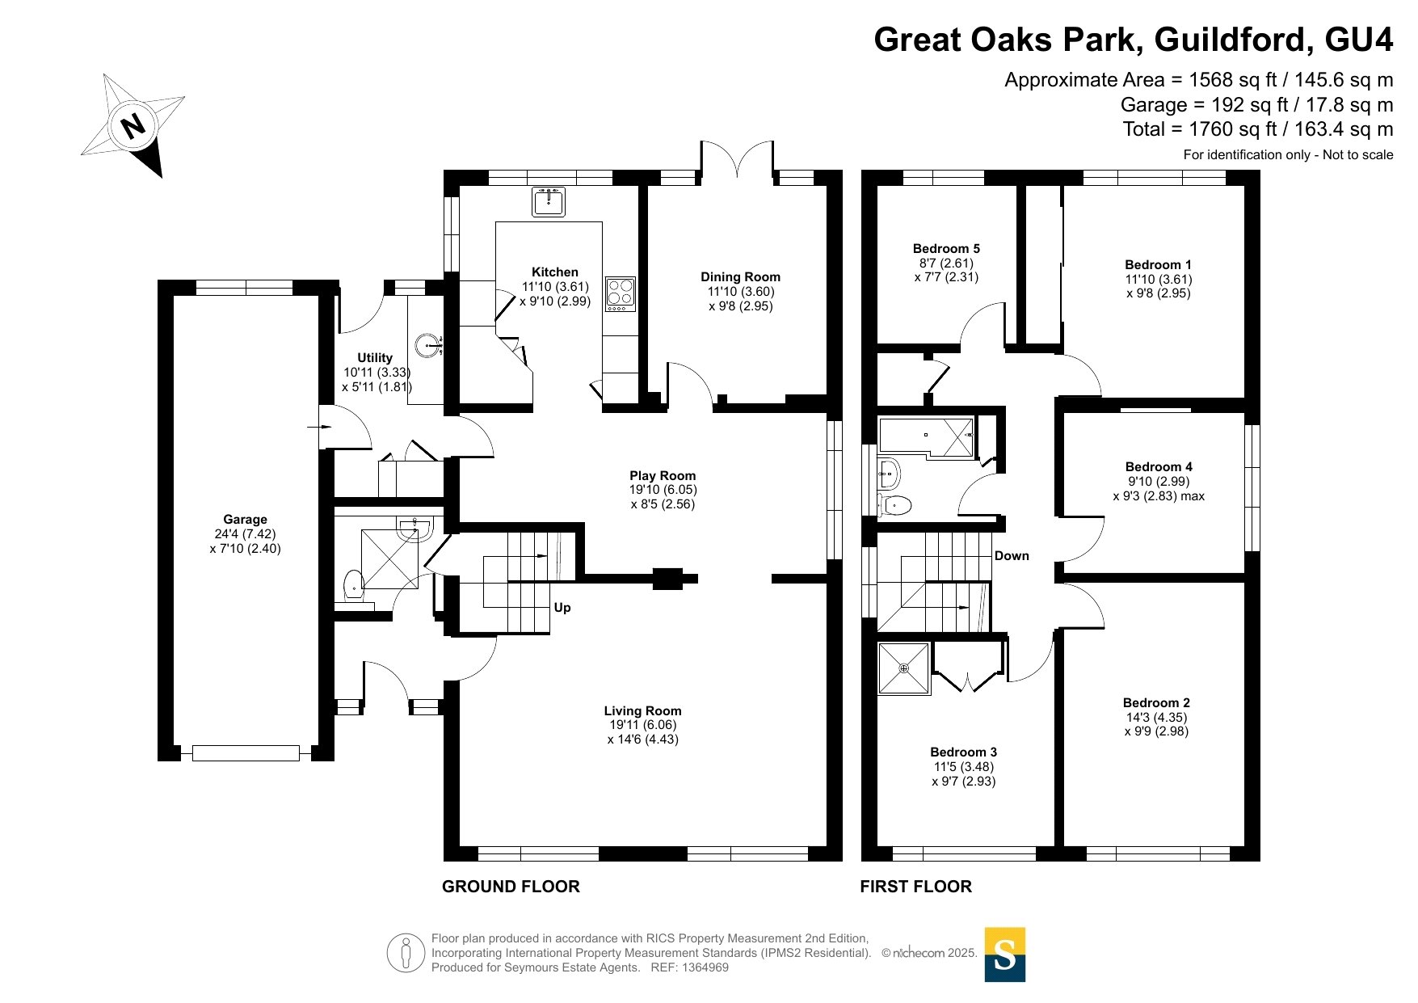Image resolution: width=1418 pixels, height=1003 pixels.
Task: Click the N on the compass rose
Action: (x=133, y=126)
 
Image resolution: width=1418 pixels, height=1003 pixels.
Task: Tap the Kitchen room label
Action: (x=555, y=272)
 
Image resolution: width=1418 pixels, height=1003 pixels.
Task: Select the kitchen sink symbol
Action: (x=549, y=201)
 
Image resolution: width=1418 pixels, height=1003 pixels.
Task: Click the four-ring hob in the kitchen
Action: (x=621, y=294)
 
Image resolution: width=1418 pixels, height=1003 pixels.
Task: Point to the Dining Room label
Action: (x=741, y=277)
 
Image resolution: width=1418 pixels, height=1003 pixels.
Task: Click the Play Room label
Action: (x=663, y=476)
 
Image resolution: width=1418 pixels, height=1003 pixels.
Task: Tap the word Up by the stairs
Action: (x=562, y=608)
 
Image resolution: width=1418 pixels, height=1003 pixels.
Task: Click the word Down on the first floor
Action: (x=1012, y=556)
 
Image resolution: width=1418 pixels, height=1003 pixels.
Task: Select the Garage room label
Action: (x=246, y=520)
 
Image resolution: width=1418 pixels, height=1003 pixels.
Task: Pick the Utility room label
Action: (x=375, y=357)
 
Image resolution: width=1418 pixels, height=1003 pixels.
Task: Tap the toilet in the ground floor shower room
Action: (x=353, y=584)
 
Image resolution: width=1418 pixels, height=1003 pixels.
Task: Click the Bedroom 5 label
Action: (x=946, y=249)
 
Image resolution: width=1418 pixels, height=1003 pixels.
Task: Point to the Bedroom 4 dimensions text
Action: (x=1159, y=489)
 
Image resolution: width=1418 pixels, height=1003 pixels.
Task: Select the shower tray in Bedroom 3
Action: (x=904, y=668)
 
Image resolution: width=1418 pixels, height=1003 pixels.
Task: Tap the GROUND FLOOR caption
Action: (x=511, y=887)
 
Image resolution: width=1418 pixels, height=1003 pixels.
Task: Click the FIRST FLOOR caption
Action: (x=915, y=887)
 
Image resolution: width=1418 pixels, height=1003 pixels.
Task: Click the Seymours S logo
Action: (x=1005, y=955)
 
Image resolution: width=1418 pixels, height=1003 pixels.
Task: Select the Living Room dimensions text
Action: (x=643, y=732)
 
